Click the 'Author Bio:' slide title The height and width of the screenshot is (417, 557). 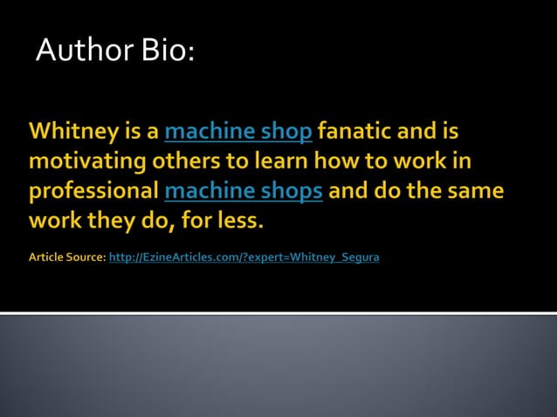pyautogui.click(x=114, y=51)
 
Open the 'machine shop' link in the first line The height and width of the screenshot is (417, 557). pyautogui.click(x=237, y=133)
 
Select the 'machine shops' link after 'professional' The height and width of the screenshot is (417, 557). pyautogui.click(x=244, y=191)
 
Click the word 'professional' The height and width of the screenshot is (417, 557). pyautogui.click(x=93, y=191)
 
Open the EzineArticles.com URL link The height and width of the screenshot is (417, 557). pyautogui.click(x=244, y=258)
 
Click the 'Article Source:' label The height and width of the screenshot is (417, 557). pyautogui.click(x=67, y=258)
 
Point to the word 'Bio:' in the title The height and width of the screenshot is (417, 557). pyautogui.click(x=165, y=51)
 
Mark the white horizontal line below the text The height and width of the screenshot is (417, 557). pyautogui.click(x=278, y=313)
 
